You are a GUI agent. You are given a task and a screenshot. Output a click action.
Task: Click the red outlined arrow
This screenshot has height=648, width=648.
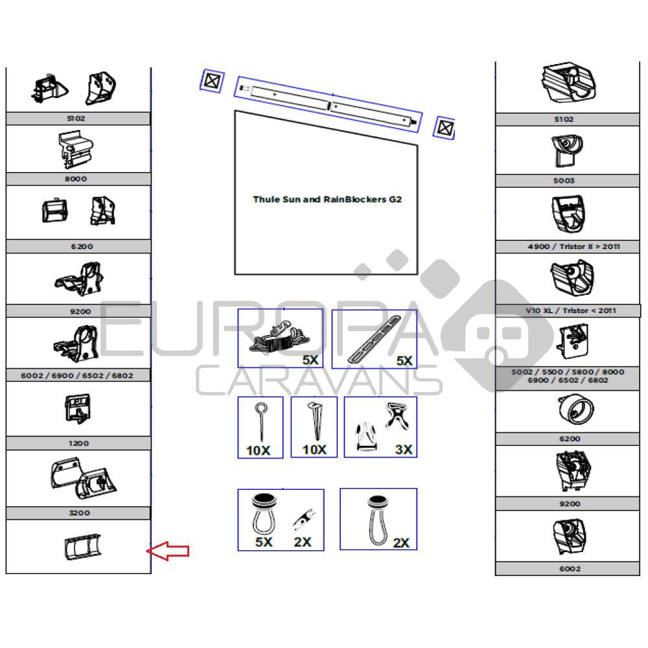(x=168, y=551)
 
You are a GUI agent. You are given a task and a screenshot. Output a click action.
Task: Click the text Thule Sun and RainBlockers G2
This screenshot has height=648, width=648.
(x=327, y=199)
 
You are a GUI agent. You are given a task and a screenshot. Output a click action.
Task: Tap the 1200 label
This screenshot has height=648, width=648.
(x=78, y=443)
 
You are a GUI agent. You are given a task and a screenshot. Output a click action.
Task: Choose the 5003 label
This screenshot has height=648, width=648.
(x=564, y=181)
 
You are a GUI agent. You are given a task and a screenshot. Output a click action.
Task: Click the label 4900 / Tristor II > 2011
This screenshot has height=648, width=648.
(x=564, y=247)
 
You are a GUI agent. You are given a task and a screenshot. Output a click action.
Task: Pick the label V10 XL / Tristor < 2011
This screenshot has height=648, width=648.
(x=562, y=310)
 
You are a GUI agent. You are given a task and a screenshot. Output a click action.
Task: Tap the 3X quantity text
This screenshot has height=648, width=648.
(x=403, y=449)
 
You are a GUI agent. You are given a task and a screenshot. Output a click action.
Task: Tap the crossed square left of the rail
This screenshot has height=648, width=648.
(x=211, y=82)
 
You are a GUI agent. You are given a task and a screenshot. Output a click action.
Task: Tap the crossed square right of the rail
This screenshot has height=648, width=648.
(x=444, y=127)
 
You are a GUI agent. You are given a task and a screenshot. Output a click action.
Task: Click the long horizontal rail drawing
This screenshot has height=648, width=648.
(x=329, y=104)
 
